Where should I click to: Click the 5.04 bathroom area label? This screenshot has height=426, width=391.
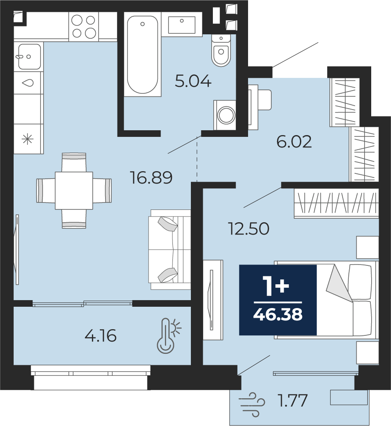(193, 81)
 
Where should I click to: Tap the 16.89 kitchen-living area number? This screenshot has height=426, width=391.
(151, 177)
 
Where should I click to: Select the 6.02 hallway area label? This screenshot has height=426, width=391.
(294, 142)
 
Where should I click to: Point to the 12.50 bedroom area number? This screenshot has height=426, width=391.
(249, 228)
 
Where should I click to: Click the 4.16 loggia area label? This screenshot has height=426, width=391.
(101, 335)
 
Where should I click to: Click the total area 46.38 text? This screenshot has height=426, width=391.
(278, 314)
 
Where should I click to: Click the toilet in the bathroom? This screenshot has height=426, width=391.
(221, 50)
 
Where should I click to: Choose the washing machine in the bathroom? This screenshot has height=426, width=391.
(225, 115)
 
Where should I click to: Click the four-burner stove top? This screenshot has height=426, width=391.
(84, 26)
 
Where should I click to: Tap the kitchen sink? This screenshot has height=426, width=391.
(29, 57)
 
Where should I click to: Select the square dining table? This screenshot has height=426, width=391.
(74, 191)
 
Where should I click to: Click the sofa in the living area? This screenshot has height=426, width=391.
(169, 250)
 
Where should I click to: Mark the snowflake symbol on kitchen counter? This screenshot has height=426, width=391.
(27, 140)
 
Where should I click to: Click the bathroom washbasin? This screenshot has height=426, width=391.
(182, 25)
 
